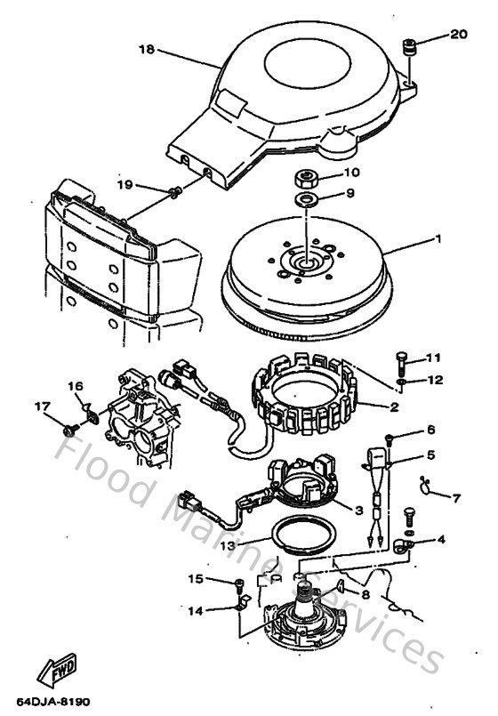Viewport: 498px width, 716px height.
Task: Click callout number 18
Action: tap(147, 50)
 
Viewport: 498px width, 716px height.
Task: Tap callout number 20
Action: tap(457, 36)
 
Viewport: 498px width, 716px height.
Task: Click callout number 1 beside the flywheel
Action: tap(436, 240)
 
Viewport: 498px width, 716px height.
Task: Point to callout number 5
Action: tap(431, 455)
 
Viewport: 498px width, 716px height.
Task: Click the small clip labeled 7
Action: tap(427, 486)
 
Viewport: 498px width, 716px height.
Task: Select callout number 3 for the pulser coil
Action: tap(358, 511)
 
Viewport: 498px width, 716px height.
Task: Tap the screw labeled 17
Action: tap(69, 429)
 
